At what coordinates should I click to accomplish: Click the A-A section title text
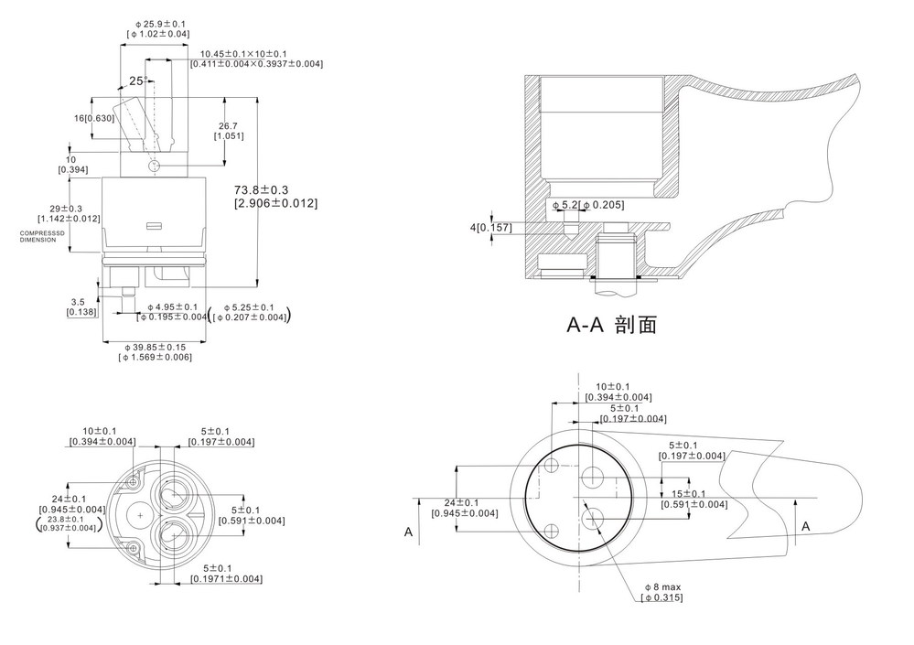pos(612,324)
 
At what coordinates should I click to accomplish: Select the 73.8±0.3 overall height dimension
pos(274,189)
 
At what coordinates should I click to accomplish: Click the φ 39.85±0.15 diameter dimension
pos(156,347)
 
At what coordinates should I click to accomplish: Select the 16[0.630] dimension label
pos(94,118)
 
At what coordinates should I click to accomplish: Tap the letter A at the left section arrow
pos(408,530)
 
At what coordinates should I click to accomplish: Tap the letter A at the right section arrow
pos(805,526)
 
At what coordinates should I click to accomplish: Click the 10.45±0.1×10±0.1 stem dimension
pos(244,53)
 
